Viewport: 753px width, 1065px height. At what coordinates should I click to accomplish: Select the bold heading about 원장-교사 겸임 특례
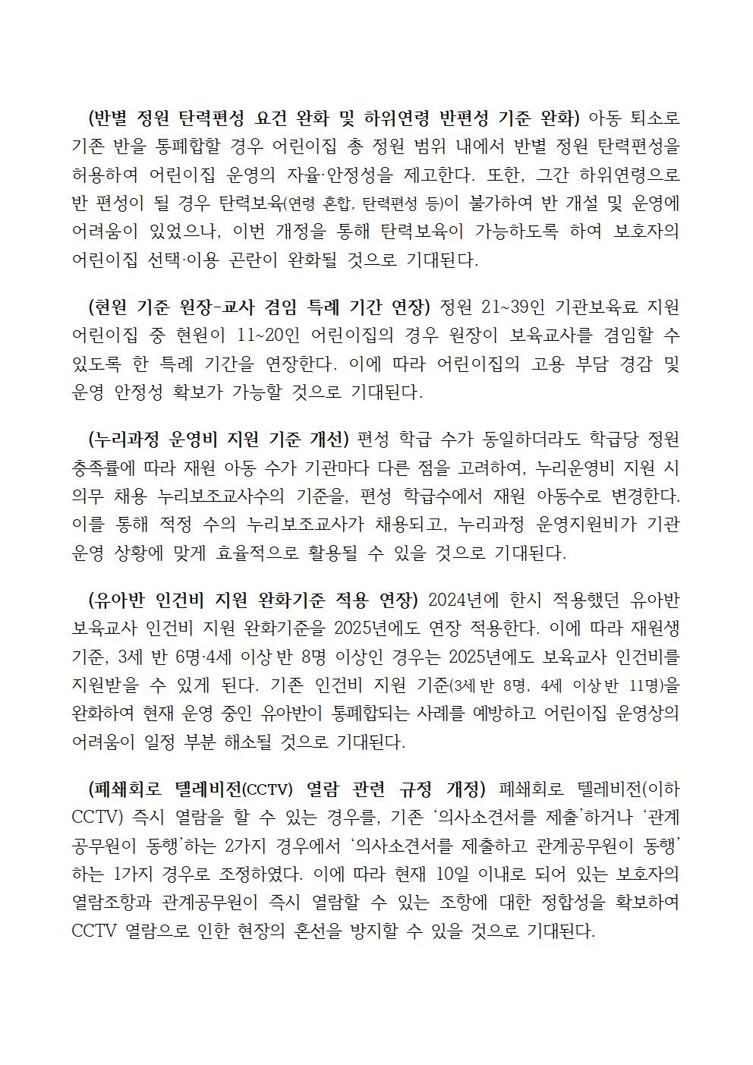click(x=259, y=307)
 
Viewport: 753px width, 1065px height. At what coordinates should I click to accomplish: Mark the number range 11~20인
click(x=269, y=335)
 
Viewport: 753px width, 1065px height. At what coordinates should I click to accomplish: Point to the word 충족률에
click(x=98, y=468)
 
